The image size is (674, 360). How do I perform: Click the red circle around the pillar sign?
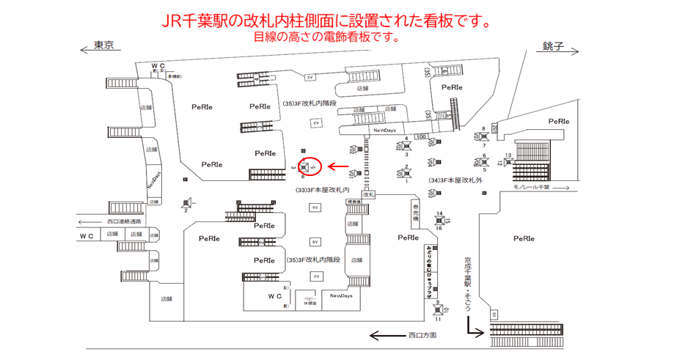311,167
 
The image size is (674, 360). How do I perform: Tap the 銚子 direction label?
552,45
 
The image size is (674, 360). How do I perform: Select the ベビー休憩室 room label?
310,301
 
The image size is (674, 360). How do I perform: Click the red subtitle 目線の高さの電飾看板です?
326,37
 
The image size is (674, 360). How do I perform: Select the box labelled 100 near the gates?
421,136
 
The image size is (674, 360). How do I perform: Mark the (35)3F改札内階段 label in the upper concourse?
309,104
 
